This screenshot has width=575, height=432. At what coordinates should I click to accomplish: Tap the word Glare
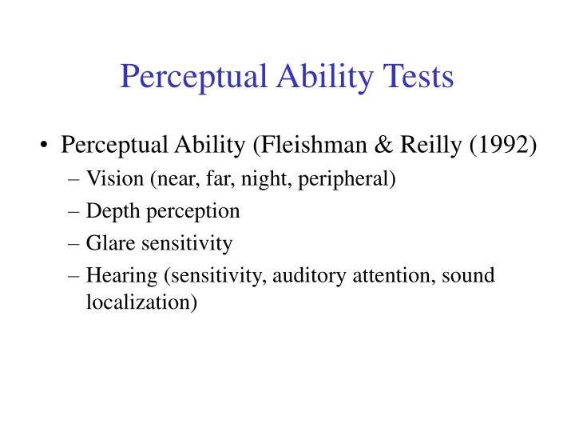point(108,242)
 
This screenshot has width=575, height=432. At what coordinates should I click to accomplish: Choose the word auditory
point(303,275)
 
